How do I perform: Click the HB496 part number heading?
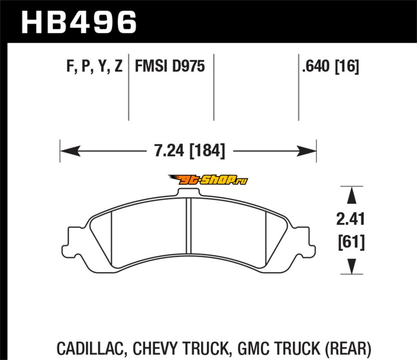[79, 22]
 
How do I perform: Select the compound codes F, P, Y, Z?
[94, 66]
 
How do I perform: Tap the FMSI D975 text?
[170, 66]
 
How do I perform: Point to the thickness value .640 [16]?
[330, 66]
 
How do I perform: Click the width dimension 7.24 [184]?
[190, 151]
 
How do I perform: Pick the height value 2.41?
[350, 220]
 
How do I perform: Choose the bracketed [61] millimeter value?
[351, 242]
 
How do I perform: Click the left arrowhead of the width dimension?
[70, 151]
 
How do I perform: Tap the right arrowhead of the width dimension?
[306, 151]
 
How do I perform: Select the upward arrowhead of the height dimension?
[351, 195]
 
